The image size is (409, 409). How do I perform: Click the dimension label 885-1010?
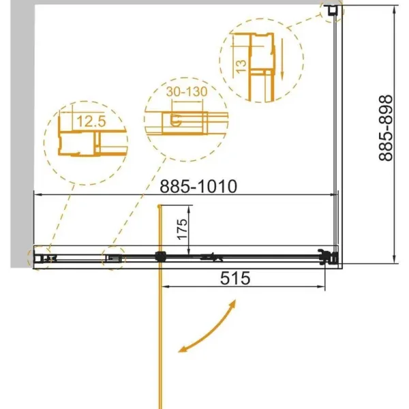(198, 186)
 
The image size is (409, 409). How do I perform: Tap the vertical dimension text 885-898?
(385, 128)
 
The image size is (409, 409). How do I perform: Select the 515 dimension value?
(235, 278)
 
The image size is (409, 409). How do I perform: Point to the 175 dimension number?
(182, 229)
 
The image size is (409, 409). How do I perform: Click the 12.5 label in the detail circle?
(91, 121)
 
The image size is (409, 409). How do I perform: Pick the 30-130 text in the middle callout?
(187, 91)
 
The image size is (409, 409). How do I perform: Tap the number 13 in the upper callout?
(241, 66)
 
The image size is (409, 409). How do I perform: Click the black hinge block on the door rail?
(160, 256)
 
